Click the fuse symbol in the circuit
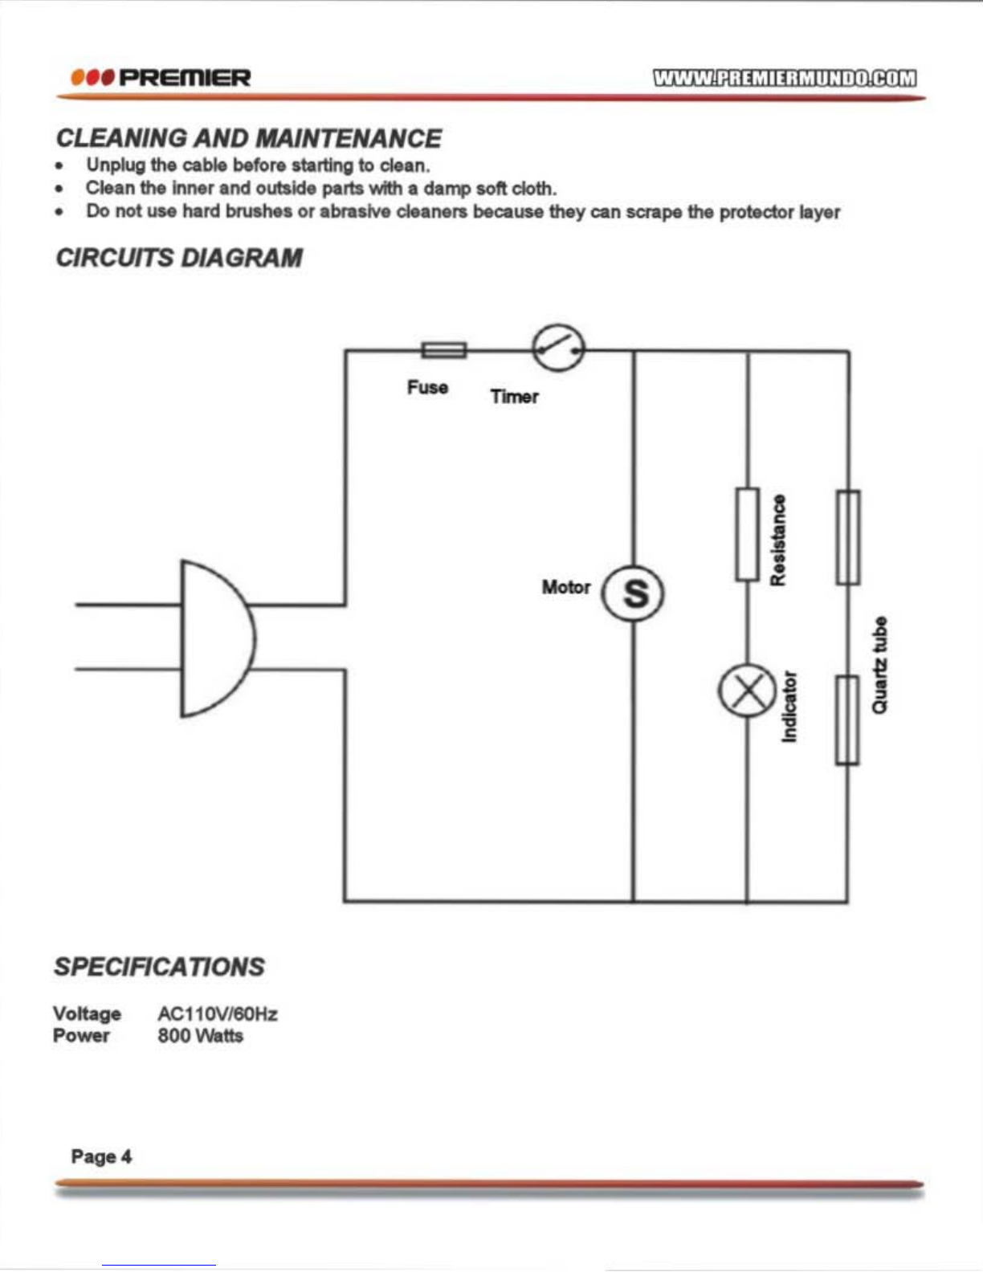point(444,350)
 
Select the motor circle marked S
point(634,593)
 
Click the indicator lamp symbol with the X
point(747,691)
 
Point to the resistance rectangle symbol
point(748,534)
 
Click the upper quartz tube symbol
point(848,537)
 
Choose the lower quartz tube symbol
point(847,720)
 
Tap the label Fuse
point(427,387)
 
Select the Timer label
point(515,396)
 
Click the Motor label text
point(566,586)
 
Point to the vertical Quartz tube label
point(879,664)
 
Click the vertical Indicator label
point(789,707)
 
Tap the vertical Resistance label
point(778,540)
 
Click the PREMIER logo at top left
point(161,77)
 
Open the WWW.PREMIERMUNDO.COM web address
point(785,78)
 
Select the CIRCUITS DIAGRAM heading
point(179,258)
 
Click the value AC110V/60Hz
point(217,1013)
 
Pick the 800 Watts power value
point(200,1035)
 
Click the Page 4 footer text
point(101,1156)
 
